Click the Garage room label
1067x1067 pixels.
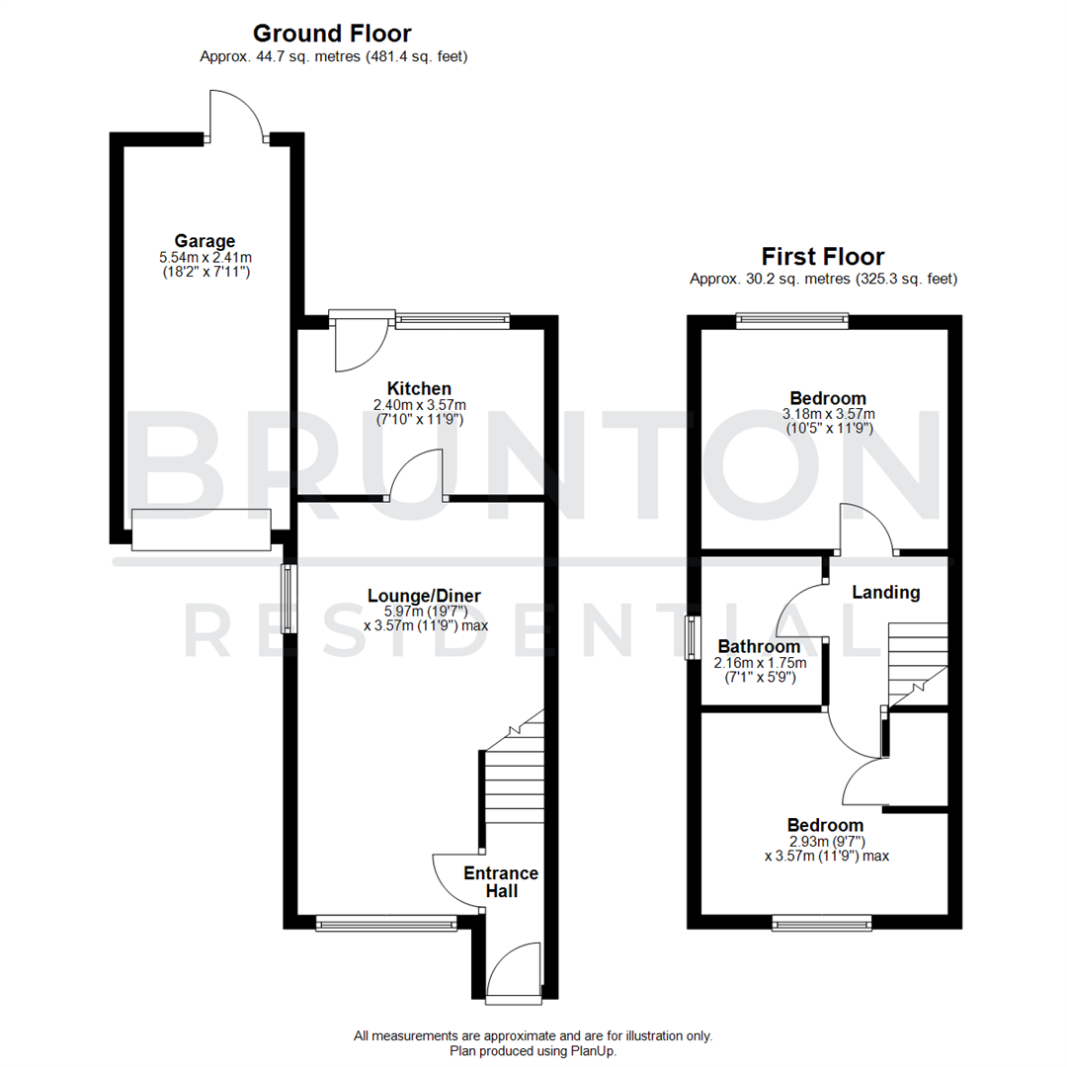point(205,240)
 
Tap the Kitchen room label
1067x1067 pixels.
point(419,388)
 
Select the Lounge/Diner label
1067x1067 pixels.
point(424,596)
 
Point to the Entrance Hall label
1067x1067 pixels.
point(501,881)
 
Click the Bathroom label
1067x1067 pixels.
point(759,646)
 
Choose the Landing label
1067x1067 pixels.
point(886,593)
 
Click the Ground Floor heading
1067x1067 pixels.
point(332,34)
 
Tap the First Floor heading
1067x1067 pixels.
point(823,257)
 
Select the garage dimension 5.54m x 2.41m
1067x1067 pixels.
point(205,257)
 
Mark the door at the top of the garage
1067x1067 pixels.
point(237,117)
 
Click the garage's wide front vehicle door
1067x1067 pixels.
point(201,530)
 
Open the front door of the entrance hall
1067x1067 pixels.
point(516,973)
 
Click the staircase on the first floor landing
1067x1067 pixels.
point(917,662)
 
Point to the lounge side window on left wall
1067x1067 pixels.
point(287,598)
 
